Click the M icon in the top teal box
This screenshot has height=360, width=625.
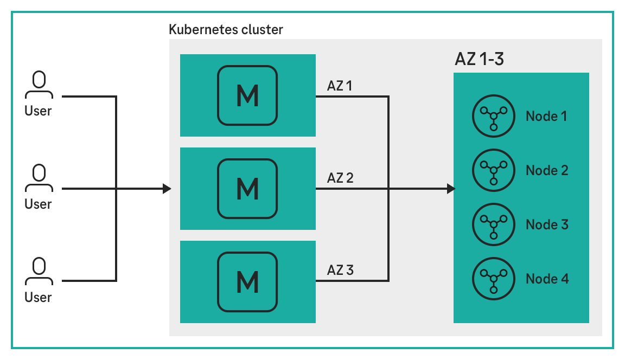[247, 95]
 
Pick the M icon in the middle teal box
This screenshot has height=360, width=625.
[247, 189]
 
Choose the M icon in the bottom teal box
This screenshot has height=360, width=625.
[247, 281]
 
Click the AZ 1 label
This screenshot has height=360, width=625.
[340, 85]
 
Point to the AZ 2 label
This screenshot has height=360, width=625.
[340, 177]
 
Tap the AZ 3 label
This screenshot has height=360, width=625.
[340, 269]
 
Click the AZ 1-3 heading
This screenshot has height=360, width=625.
[479, 59]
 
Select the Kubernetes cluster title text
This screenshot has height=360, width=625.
[226, 29]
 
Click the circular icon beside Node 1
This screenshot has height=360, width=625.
[493, 116]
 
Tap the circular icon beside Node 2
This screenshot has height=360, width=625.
[493, 170]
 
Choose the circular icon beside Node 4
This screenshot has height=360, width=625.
[493, 279]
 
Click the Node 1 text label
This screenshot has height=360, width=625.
[546, 116]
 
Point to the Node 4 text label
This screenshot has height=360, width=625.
[547, 279]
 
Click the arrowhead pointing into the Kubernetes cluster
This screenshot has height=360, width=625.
[167, 189]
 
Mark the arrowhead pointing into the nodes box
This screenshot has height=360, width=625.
[451, 189]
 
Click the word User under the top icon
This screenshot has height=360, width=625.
[38, 111]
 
